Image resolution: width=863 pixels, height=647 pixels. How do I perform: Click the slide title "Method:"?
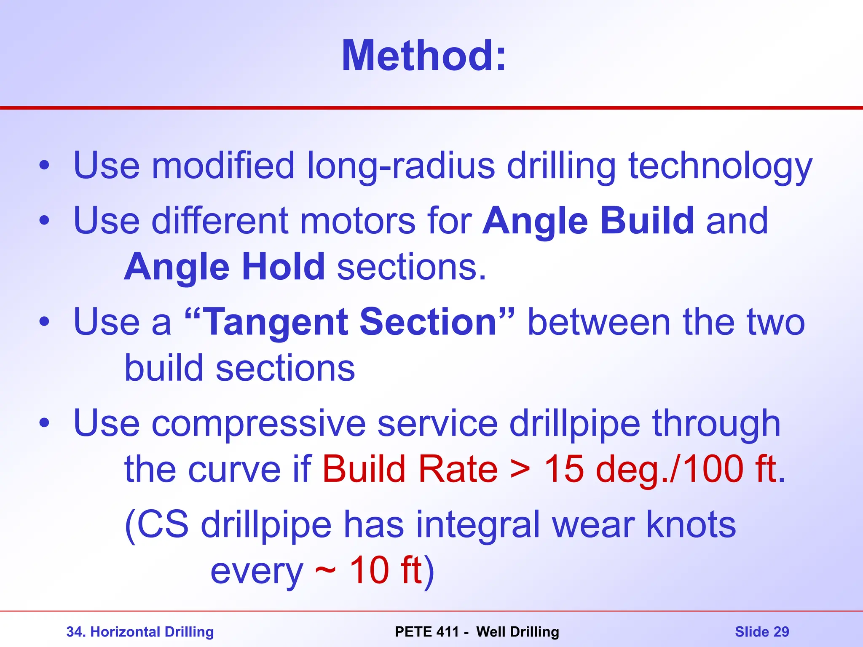(x=423, y=56)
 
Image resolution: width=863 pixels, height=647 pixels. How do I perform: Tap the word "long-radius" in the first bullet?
(x=401, y=166)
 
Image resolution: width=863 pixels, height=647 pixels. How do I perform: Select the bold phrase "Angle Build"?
(x=588, y=221)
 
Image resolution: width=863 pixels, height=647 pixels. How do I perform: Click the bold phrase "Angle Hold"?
(x=224, y=267)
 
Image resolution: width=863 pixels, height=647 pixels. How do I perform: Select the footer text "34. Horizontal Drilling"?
(x=140, y=632)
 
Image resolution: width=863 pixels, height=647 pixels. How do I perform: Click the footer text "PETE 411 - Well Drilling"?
(x=477, y=632)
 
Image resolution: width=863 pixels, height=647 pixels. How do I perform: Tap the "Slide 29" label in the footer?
(x=762, y=632)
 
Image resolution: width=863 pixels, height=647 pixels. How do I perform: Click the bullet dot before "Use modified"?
(x=44, y=166)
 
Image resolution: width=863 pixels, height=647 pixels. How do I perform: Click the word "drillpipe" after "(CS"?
(x=266, y=525)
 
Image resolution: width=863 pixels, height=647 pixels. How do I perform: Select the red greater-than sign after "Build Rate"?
(x=520, y=470)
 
